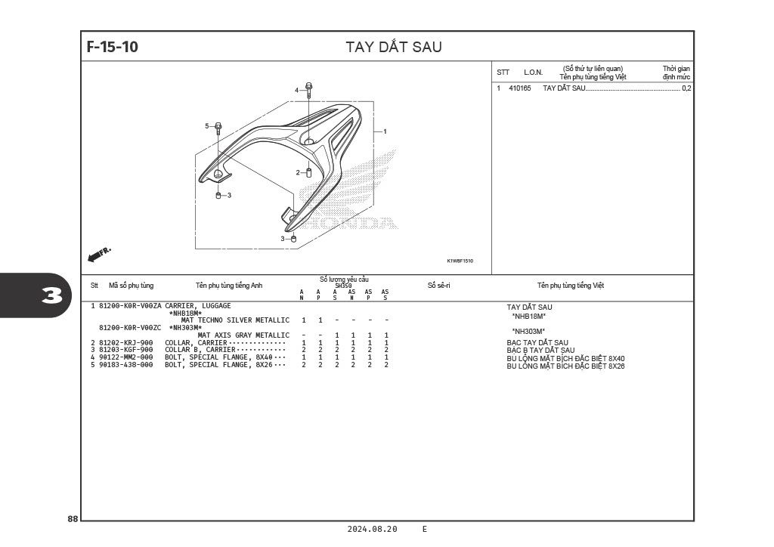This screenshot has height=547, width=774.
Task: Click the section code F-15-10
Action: [113, 47]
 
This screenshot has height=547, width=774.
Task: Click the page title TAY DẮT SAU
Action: [393, 47]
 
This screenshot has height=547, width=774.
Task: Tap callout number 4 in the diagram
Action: [296, 90]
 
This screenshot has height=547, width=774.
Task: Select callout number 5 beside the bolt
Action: [207, 126]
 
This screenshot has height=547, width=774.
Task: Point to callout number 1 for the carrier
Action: [385, 131]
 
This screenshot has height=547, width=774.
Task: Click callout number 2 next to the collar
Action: [298, 172]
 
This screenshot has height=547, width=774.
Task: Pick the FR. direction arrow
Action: [99, 255]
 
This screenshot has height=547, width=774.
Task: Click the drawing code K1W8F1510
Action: [460, 261]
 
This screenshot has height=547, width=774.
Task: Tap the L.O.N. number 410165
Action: [520, 88]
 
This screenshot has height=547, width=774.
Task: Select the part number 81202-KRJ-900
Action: [126, 343]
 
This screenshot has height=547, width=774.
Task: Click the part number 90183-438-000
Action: [126, 365]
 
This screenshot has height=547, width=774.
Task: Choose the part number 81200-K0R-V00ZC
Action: [130, 328]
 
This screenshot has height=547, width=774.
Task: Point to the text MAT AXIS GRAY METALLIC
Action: [243, 335]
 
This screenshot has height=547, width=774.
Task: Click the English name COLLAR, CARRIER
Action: [196, 343]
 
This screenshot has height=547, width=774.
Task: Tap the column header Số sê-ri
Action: [439, 286]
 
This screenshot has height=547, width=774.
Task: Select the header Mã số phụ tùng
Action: [131, 286]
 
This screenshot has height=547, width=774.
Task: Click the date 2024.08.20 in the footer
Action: [372, 529]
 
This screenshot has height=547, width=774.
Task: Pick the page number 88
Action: [73, 519]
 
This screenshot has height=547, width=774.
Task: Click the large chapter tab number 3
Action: [52, 296]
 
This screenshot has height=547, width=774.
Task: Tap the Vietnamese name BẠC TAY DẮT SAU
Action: [537, 343]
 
